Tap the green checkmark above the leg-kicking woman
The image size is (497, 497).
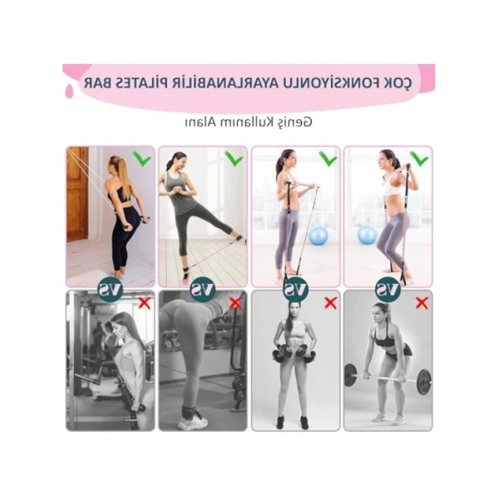point(234,158)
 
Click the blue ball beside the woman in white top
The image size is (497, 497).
point(368,235)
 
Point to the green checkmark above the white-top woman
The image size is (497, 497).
point(419,158)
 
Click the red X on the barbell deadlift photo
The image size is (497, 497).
point(422,303)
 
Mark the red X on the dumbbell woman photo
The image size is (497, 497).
point(329,303)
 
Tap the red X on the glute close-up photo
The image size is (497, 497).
point(236,303)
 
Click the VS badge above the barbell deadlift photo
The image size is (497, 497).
point(388,289)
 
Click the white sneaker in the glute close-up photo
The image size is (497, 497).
point(192,421)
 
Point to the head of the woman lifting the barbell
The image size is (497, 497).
point(385,312)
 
